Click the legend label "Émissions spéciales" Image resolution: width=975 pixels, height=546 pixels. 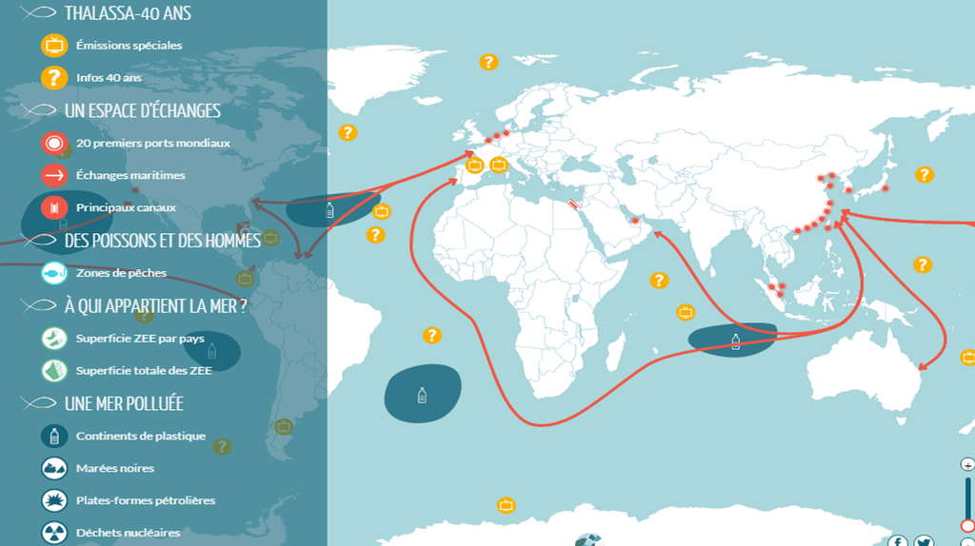point(129,45)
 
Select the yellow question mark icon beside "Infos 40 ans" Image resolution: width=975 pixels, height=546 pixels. point(54,77)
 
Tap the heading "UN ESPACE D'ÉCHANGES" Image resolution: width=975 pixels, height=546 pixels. point(142,110)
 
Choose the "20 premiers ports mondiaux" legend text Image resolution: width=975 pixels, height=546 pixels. point(152,144)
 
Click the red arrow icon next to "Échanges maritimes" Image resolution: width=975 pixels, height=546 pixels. point(54,175)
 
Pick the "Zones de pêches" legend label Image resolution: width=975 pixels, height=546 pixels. point(121,273)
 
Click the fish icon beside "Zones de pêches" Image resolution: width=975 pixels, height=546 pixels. point(54,273)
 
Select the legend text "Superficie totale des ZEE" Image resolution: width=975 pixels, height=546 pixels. point(143,370)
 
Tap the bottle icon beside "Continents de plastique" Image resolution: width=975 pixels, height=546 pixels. point(54,436)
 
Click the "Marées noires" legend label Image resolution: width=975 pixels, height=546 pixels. point(114,468)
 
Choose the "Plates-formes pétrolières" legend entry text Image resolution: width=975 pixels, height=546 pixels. point(145,500)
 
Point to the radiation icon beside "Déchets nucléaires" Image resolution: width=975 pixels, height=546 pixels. point(54,532)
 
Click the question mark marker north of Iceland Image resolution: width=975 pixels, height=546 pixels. point(488,63)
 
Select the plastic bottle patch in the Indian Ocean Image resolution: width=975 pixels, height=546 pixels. point(733,341)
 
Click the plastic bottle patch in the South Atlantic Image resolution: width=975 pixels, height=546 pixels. point(423,393)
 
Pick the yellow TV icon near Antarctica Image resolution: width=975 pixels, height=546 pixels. point(507,505)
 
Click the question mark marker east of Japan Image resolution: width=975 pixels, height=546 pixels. point(924,175)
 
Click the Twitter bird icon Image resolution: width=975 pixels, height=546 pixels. point(923,541)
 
